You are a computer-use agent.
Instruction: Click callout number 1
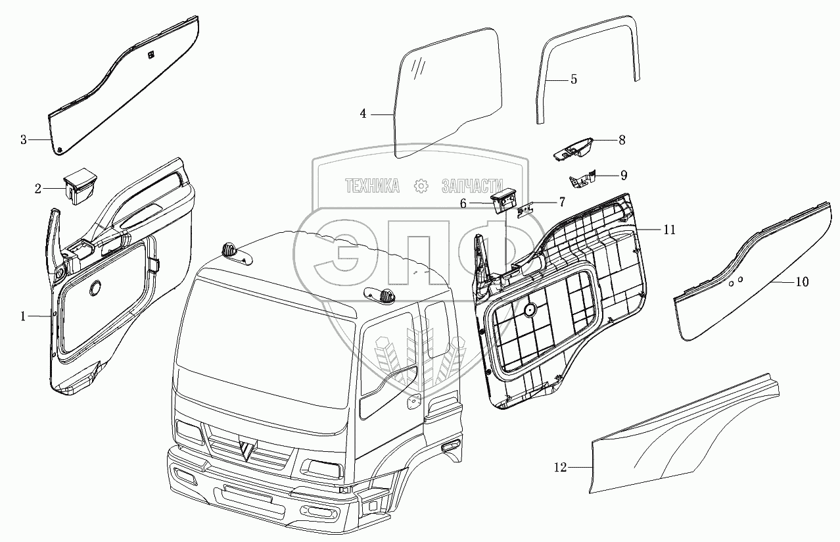point(23,316)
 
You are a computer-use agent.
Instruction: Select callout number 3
point(24,139)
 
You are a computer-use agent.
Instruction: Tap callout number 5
point(573,80)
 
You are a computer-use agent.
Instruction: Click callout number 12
point(559,468)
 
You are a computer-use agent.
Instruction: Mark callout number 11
point(669,230)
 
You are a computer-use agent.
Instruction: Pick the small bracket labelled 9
point(583,180)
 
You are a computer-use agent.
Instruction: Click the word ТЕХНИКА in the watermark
point(372,186)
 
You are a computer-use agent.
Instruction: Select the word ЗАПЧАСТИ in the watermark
point(471,186)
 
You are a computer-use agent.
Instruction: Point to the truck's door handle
point(414,401)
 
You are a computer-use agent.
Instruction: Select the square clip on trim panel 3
point(151,55)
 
